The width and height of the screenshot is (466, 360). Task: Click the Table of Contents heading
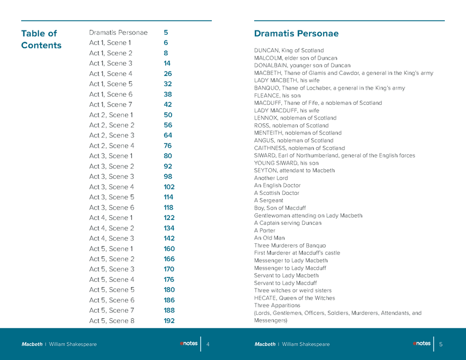(x=41, y=40)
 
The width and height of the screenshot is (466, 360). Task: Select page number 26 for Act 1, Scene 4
(x=168, y=74)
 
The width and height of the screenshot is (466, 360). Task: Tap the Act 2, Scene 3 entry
(x=111, y=135)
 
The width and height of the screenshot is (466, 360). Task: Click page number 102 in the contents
(x=169, y=187)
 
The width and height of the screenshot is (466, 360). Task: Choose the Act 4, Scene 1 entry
(x=111, y=218)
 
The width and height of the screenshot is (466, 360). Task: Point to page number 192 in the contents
(x=169, y=320)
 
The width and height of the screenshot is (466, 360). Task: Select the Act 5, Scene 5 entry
(x=111, y=289)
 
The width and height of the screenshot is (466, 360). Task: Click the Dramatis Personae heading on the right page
(x=296, y=34)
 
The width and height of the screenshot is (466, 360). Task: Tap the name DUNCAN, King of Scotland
(x=289, y=50)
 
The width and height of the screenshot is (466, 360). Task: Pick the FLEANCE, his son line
(x=277, y=96)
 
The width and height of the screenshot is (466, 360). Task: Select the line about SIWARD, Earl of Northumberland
(x=335, y=155)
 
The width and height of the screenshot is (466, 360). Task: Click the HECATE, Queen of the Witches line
(x=294, y=298)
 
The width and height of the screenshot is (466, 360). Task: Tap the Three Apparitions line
(x=277, y=305)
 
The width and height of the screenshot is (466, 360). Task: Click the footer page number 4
(x=208, y=344)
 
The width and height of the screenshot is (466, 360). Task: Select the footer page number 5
(x=441, y=344)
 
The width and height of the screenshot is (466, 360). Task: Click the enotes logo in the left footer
(x=188, y=343)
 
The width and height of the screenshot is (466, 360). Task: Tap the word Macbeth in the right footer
(x=265, y=344)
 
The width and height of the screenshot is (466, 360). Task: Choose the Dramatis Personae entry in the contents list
(x=118, y=33)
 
